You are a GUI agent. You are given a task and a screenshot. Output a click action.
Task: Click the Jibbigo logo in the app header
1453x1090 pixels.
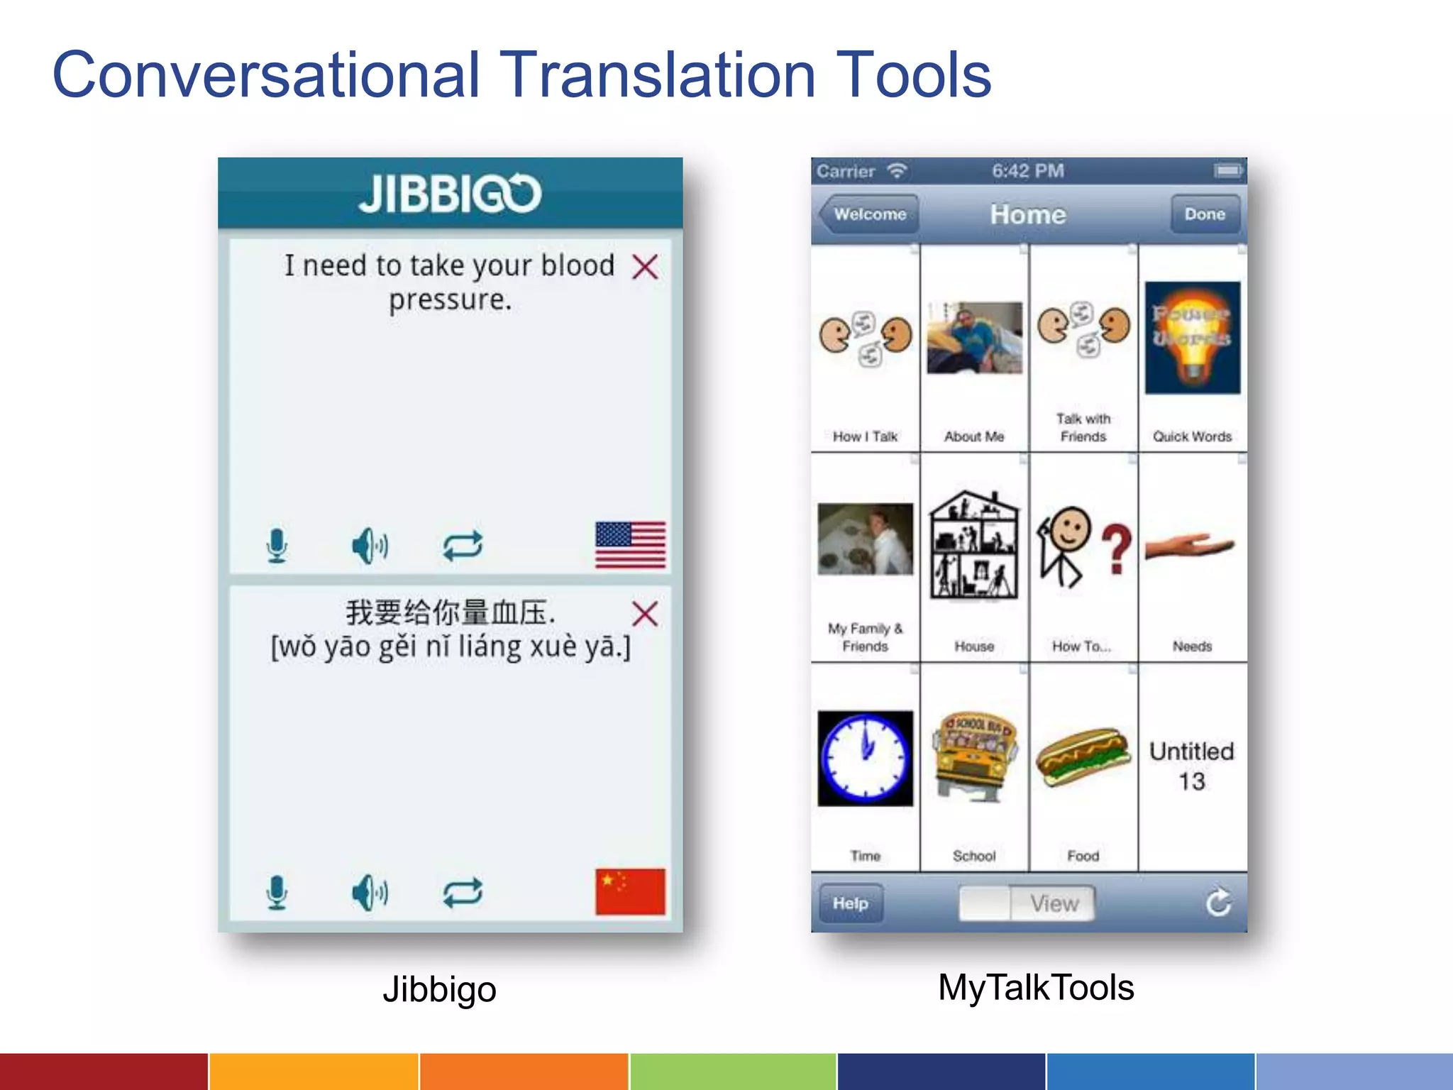coord(450,193)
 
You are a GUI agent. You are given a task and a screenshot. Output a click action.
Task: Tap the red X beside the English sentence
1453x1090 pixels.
coord(645,267)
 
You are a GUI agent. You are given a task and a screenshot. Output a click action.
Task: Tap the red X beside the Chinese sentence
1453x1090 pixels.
coord(645,614)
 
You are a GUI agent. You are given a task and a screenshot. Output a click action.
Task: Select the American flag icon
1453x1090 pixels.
coord(630,545)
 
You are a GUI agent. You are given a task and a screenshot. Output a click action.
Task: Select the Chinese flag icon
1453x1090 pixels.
coord(630,891)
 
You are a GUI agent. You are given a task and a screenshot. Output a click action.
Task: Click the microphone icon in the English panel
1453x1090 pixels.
coord(277,546)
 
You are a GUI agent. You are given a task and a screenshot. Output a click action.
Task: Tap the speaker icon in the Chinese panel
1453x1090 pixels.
coord(370,893)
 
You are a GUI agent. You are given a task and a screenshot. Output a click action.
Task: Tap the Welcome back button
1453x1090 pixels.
coord(868,214)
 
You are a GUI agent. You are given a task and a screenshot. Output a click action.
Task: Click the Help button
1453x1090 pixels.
coord(851,903)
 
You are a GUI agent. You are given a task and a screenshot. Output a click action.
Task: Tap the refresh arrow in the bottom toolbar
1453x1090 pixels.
coord(1218,903)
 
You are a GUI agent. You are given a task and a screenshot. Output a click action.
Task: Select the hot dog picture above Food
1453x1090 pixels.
coord(1083,756)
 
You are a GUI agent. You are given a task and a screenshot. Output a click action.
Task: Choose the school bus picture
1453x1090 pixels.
coord(974,756)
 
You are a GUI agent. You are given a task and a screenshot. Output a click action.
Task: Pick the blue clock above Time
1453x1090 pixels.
coord(865,758)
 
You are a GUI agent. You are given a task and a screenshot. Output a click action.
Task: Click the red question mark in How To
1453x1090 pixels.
coord(1117,548)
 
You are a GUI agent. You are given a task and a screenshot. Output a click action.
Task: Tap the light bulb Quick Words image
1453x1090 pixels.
coord(1193,338)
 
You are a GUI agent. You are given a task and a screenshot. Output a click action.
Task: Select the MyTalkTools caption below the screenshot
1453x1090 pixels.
coord(1036,987)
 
